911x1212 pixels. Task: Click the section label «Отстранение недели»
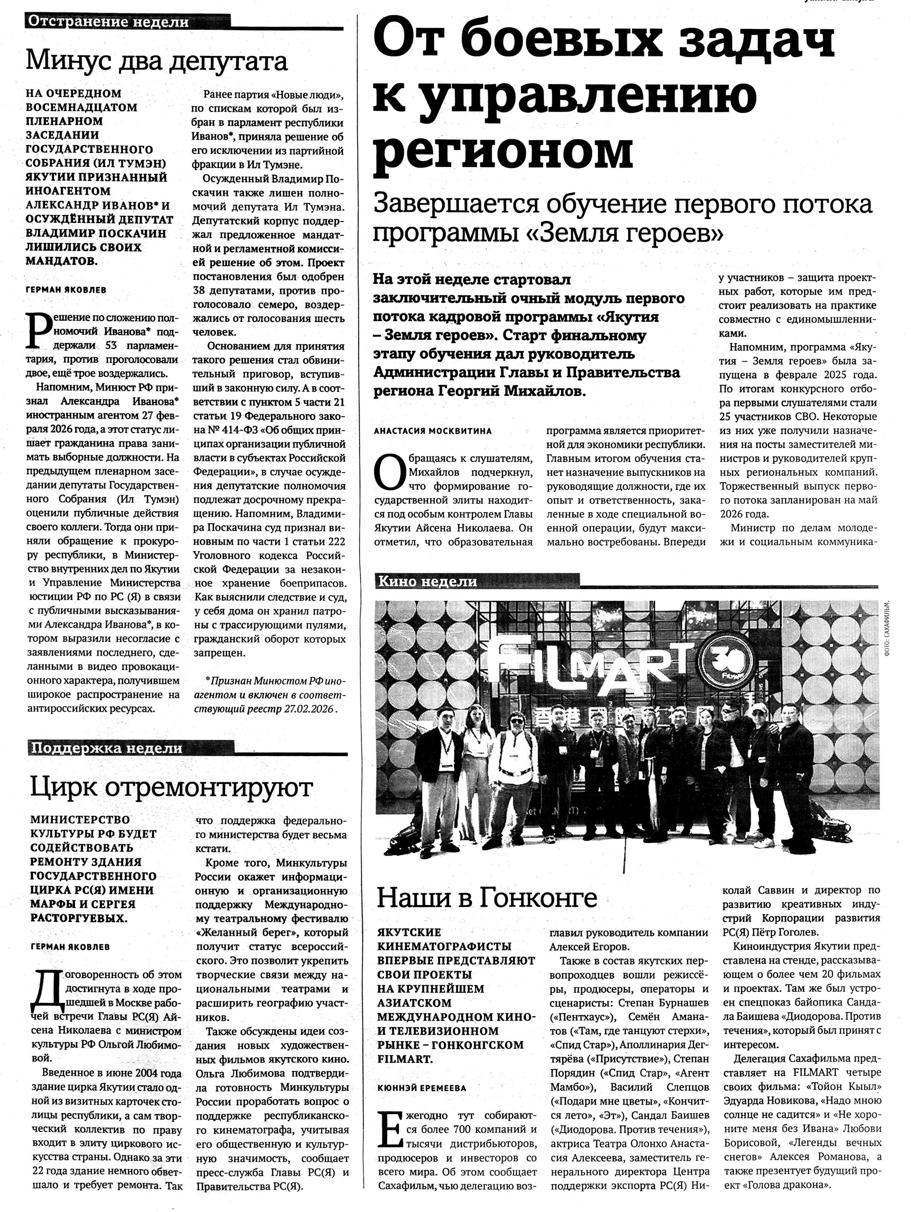(x=108, y=22)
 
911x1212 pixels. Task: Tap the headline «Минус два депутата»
(x=157, y=62)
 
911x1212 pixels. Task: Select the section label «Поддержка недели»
(x=106, y=748)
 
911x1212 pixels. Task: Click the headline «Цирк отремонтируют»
(x=171, y=788)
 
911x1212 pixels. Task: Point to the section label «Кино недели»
(x=427, y=582)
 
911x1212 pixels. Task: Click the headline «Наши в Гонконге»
(x=487, y=898)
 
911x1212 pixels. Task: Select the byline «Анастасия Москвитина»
(x=433, y=431)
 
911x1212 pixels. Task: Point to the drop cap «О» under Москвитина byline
(x=388, y=474)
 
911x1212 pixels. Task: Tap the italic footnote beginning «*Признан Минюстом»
(x=269, y=695)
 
